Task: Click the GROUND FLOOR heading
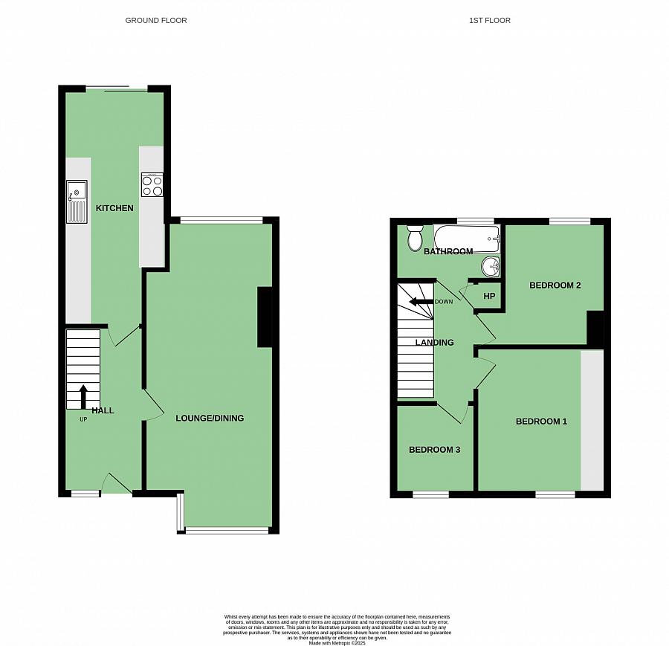point(156,20)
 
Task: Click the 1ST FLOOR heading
point(490,20)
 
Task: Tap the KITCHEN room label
point(114,208)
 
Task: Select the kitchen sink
point(77,201)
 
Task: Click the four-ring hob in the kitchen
point(152,185)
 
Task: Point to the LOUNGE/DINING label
point(210,418)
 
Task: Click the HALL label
point(103,410)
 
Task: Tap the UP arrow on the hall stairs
point(83,396)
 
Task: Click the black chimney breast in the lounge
point(265,317)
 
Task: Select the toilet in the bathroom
point(415,237)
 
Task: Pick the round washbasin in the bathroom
point(491,266)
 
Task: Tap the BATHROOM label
point(448,251)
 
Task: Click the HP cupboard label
point(489,296)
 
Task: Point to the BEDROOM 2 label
point(555,285)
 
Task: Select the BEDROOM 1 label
point(541,421)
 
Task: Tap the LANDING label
point(435,343)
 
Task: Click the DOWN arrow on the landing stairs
point(421,302)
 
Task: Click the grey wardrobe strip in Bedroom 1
point(592,420)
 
